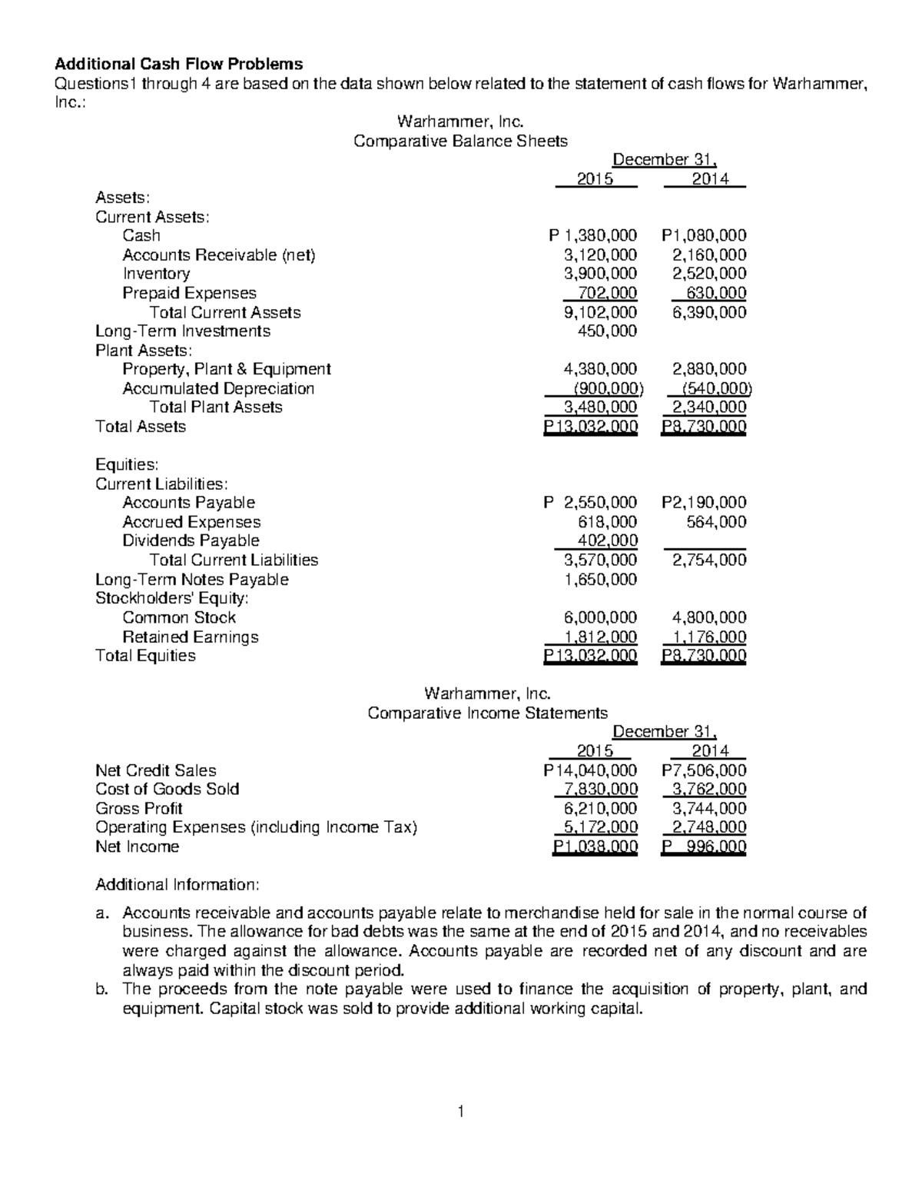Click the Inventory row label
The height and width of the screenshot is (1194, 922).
tap(156, 274)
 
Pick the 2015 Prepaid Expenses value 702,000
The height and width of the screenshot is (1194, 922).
tap(606, 293)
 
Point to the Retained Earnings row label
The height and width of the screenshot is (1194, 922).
tap(190, 637)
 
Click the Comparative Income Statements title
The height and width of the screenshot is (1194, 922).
tap(487, 713)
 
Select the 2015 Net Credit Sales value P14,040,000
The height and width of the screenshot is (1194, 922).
tap(589, 770)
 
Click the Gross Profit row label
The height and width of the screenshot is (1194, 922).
tap(138, 809)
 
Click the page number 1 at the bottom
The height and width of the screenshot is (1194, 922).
tap(460, 1111)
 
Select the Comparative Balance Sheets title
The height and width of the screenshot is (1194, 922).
tap(459, 141)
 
